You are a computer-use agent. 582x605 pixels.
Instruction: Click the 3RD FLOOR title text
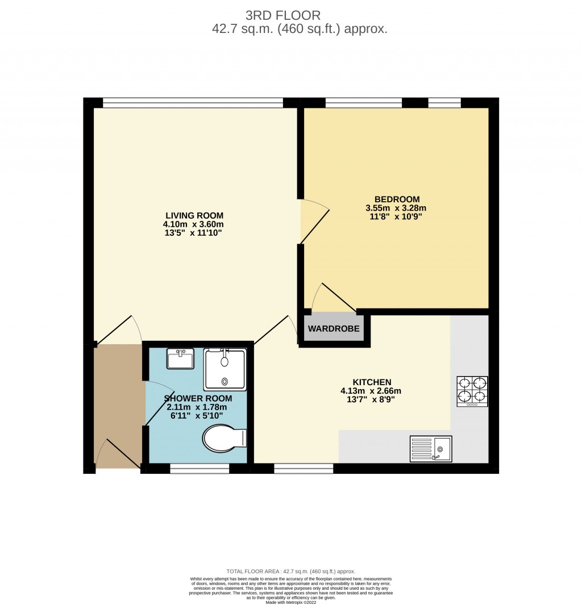click(x=290, y=15)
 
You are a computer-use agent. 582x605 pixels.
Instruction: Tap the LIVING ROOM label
click(x=194, y=216)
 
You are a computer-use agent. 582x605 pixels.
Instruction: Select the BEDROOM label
click(x=397, y=199)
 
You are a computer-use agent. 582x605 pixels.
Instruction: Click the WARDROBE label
click(x=334, y=329)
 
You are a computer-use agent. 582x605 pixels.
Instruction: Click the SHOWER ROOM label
click(x=197, y=398)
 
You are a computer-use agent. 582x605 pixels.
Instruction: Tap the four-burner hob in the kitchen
click(x=472, y=391)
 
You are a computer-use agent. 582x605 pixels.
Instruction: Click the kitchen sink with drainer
click(x=431, y=449)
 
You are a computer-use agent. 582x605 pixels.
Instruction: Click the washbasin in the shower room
click(x=180, y=359)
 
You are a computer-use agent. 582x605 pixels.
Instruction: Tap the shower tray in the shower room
click(x=225, y=369)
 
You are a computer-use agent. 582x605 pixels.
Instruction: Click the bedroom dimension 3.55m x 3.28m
click(x=396, y=208)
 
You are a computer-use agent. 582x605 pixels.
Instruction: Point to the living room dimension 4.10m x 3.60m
click(x=194, y=224)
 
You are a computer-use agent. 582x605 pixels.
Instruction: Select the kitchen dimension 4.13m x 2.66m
click(x=371, y=391)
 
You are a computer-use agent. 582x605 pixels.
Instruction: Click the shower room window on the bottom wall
click(x=199, y=468)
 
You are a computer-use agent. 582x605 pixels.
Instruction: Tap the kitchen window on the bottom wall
click(x=304, y=468)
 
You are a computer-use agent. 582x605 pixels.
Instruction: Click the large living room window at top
click(x=193, y=103)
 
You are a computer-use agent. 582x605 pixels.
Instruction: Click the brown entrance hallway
click(x=118, y=406)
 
